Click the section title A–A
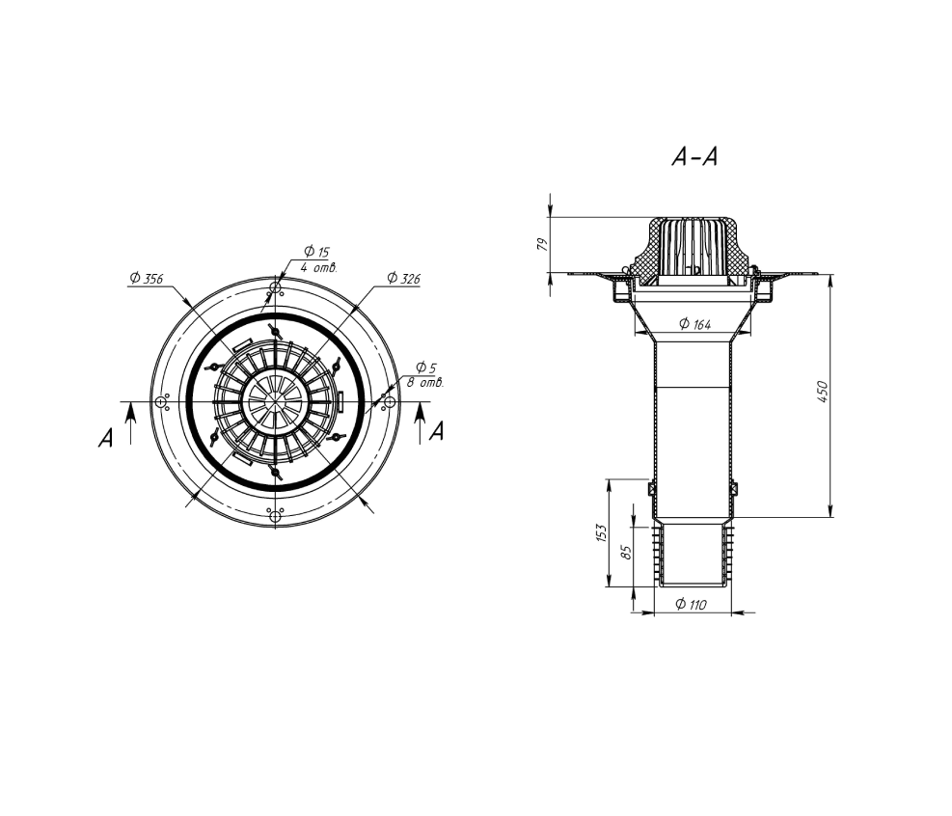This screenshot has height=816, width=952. pos(694,157)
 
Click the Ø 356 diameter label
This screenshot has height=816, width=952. pos(147,278)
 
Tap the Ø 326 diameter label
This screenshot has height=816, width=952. pos(404,278)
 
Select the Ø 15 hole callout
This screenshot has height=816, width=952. pos(316,251)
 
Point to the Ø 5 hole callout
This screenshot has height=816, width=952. pos(426,367)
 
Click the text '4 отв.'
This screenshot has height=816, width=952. pos(318,267)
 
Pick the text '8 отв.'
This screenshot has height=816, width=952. pos(425,383)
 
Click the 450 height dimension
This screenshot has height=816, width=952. pos(823,392)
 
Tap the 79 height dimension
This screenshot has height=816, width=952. pos(543,244)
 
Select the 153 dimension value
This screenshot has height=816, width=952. pos(602,533)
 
